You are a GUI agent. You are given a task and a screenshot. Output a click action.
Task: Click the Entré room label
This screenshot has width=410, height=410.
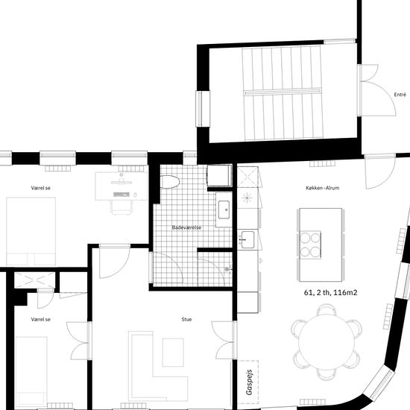click(x=400, y=95)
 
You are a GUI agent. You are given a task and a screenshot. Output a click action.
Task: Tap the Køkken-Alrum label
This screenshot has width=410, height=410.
click(x=322, y=188)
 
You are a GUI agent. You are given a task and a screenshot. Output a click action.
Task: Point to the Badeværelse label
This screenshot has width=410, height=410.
click(x=186, y=227)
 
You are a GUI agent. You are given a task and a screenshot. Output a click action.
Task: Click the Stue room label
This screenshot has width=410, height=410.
click(x=186, y=319)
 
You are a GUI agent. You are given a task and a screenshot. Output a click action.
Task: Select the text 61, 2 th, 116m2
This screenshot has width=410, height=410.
click(x=330, y=293)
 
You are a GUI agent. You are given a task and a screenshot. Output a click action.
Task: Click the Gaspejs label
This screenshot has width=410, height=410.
click(x=249, y=382)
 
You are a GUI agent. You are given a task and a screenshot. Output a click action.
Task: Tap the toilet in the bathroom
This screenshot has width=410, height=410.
click(x=170, y=182)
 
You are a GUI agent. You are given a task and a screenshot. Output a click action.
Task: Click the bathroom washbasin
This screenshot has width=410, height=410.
click(x=224, y=209)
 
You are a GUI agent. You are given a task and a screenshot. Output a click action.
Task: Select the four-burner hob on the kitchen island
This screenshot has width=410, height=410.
click(x=310, y=245)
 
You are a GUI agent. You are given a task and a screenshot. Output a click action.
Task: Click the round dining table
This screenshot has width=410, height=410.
click(x=327, y=342)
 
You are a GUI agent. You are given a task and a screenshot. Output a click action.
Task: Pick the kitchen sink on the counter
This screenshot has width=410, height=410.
click(x=247, y=239)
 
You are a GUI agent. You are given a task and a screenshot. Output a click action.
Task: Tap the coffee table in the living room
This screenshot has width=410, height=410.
click(x=173, y=352)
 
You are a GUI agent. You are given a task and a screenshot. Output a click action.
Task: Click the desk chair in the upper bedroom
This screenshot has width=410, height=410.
click(x=121, y=207)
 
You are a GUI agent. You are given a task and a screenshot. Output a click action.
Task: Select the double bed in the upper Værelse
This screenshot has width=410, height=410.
click(x=31, y=231)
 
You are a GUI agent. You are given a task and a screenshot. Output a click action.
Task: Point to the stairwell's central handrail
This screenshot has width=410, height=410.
click(x=283, y=92)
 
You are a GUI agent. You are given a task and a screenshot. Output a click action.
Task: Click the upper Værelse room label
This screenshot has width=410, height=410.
click(x=40, y=188)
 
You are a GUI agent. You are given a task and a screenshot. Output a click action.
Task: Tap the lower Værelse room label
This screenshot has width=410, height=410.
click(x=40, y=319)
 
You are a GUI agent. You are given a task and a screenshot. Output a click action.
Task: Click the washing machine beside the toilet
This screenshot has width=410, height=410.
click(x=219, y=175)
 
